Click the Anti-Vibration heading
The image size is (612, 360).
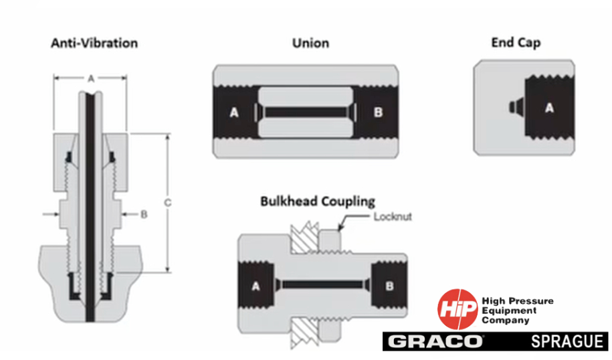point(94,43)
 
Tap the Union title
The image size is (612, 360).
point(311,43)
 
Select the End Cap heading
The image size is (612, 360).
point(516,43)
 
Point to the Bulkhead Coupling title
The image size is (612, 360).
point(318,201)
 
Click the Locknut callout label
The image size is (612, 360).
point(393,217)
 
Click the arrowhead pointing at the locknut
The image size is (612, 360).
point(340,228)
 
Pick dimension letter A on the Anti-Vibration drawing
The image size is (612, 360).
point(91,79)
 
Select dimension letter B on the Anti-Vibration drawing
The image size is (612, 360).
point(144,214)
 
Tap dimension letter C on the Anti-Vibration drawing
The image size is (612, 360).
point(168,203)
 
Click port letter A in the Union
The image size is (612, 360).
point(234,113)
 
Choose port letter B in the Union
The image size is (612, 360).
point(378,112)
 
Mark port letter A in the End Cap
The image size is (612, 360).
point(549,108)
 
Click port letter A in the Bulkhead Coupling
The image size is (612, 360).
point(256,286)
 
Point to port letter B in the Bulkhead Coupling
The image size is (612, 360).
point(389,286)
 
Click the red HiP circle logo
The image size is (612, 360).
point(457,309)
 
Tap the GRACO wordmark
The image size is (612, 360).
point(435,342)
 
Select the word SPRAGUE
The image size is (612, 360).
point(567,342)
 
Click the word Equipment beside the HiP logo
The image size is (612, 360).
point(509,310)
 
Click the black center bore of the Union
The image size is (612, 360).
point(305,112)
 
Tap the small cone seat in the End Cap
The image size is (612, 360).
point(517,106)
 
